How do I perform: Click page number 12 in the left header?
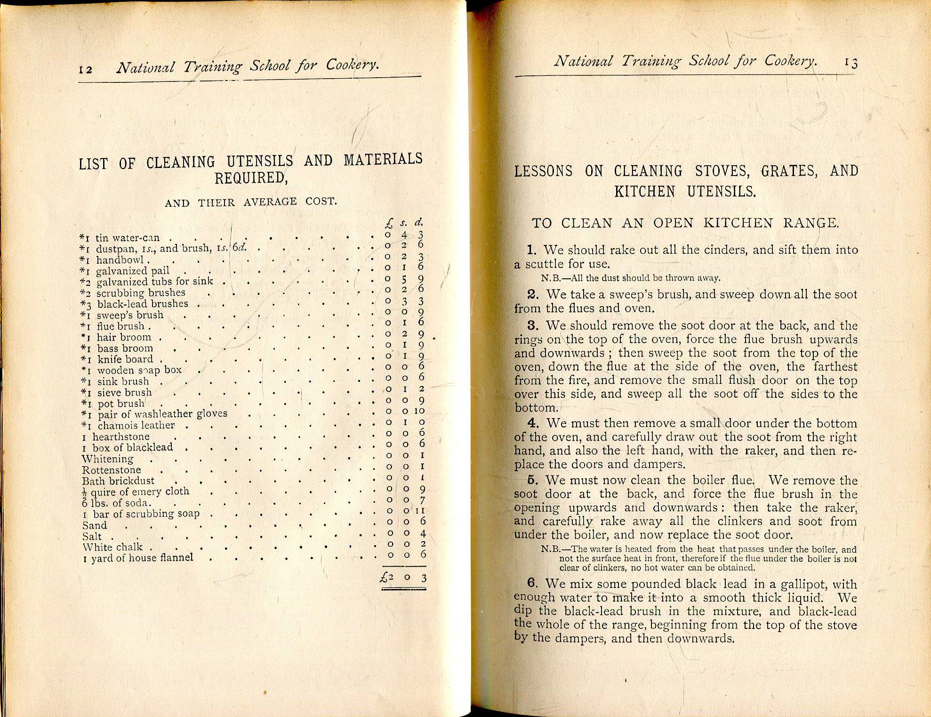pos(86,69)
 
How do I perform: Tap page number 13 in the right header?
pos(851,63)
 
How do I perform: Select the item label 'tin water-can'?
pos(128,238)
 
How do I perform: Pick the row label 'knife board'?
pos(125,359)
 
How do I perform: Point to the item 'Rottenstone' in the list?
pos(112,470)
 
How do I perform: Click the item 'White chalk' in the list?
pos(113,547)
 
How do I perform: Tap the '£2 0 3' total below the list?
pos(403,578)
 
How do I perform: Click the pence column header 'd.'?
pos(418,222)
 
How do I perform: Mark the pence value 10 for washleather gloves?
pos(419,411)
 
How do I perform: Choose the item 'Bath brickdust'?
pos(118,481)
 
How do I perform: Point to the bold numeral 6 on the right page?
pos(532,583)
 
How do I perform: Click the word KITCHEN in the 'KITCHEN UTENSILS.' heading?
pos(644,192)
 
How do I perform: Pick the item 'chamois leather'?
pos(136,425)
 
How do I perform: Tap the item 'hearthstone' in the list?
pos(121,436)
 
